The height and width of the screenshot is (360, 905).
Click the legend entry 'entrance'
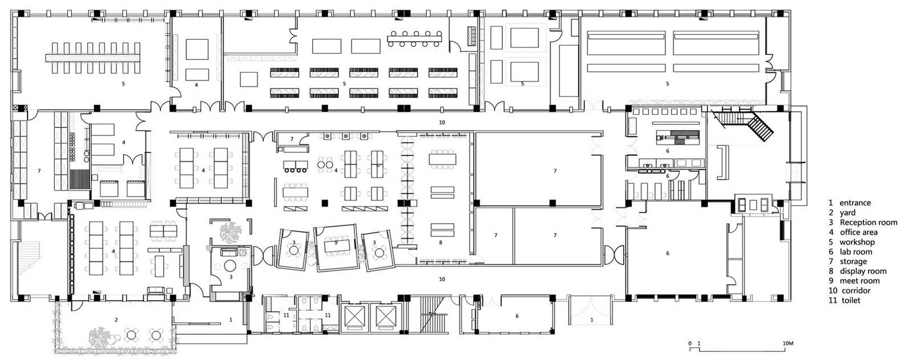coord(855,203)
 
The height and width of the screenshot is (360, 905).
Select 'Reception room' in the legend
coord(868,223)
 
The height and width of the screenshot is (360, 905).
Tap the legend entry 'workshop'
coord(857,242)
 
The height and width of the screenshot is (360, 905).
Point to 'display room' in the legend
coord(863,271)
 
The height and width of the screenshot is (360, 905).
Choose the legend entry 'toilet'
coord(851,300)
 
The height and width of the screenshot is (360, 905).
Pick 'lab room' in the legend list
coord(856,252)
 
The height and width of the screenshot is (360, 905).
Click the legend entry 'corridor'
coord(856,290)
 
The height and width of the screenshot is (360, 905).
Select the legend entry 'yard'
coord(847,213)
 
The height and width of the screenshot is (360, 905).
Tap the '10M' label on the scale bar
coord(788,343)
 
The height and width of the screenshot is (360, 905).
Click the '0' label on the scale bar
coord(690,343)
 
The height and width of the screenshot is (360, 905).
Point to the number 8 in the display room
coord(441,242)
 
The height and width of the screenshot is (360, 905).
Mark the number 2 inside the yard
coord(116,319)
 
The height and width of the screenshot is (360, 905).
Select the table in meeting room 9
coord(336,246)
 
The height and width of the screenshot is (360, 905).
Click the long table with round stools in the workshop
coord(415,39)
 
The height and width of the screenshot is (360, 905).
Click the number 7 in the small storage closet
coord(292,139)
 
